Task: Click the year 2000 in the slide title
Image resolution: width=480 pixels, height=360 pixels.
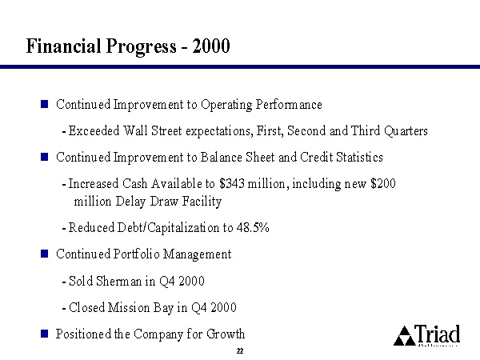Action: [211, 46]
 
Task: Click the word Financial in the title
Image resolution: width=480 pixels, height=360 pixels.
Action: [64, 46]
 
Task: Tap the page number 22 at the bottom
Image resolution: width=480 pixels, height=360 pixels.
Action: [240, 351]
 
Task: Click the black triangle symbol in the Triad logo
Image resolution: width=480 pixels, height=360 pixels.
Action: [405, 336]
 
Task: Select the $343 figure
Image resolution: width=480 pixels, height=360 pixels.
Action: [232, 184]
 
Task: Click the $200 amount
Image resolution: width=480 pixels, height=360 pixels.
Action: [383, 183]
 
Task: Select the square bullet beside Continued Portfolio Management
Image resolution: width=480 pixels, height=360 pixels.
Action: [44, 254]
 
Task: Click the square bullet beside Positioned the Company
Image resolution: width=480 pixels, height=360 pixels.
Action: [44, 334]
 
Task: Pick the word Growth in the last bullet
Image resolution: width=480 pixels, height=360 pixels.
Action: [226, 334]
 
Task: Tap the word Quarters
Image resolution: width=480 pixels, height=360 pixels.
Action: [406, 130]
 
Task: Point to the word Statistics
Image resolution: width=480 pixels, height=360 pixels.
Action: [359, 157]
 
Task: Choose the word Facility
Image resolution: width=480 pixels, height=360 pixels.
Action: [202, 202]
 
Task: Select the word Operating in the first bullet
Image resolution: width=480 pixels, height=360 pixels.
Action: [226, 105]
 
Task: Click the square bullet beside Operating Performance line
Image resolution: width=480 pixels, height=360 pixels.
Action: [44, 104]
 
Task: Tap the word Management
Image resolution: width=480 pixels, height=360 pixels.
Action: [197, 254]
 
